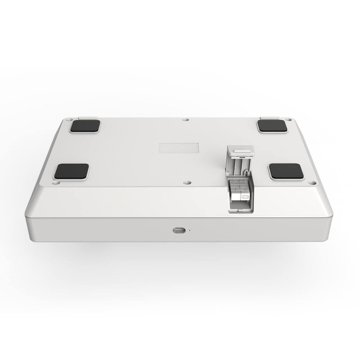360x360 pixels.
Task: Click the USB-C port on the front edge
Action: click(x=179, y=230)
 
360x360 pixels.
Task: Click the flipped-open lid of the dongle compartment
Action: click(x=238, y=162)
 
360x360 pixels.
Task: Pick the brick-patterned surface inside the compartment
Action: click(x=238, y=184)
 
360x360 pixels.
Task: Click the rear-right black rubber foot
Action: click(x=273, y=126)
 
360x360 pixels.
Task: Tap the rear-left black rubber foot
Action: click(x=85, y=126)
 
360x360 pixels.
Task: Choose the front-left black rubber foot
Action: click(x=71, y=171)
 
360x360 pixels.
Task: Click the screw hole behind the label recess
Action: click(x=186, y=120)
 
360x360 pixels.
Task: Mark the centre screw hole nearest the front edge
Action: click(x=186, y=183)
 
